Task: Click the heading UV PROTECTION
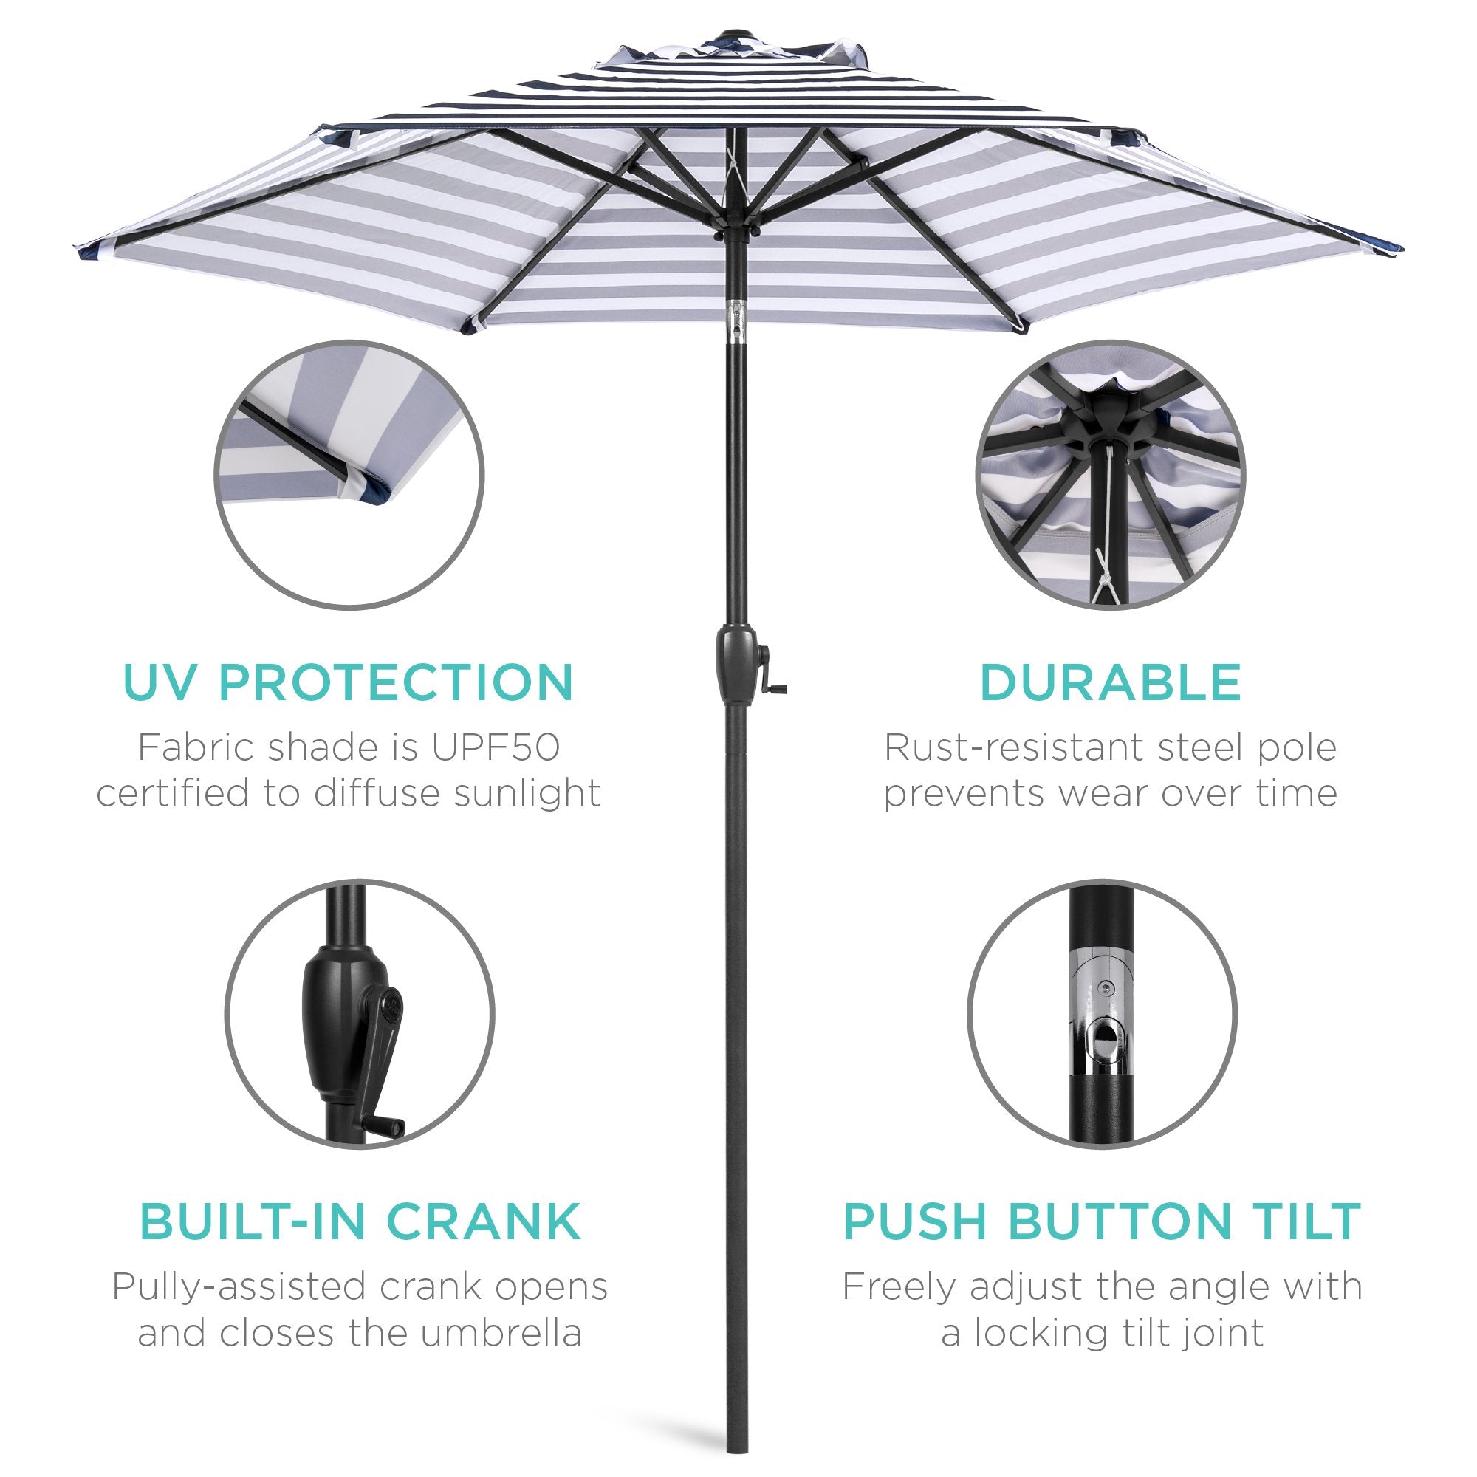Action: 348,682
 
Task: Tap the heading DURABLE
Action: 1110,682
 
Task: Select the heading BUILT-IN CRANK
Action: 360,1221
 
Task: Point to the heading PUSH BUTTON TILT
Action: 1103,1221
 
